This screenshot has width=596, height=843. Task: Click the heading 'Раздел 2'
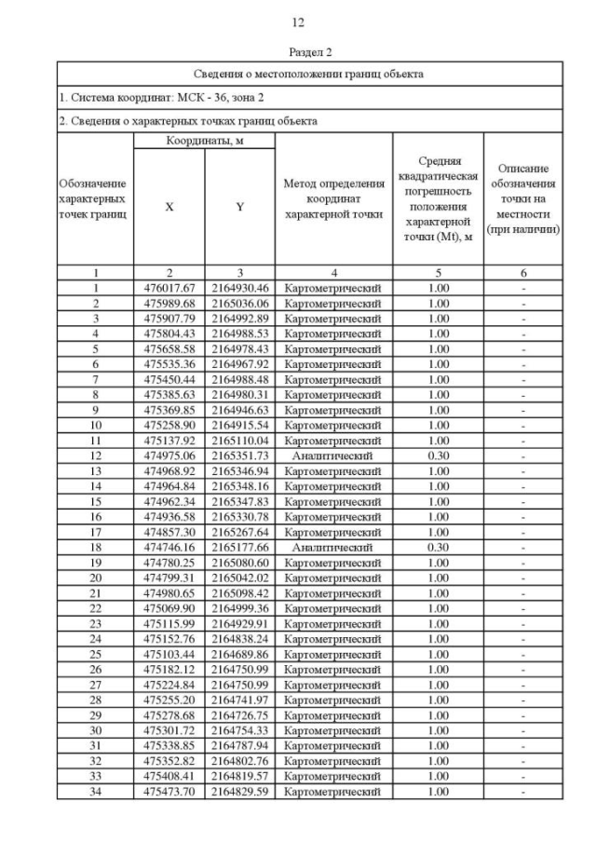tap(298, 52)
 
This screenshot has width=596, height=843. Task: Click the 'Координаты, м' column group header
tap(204, 141)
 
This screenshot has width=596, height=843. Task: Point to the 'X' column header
tap(169, 208)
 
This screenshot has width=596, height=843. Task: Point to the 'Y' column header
tap(239, 208)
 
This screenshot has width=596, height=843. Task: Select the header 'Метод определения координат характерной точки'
tap(333, 199)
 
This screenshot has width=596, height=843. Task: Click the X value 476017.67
tap(169, 289)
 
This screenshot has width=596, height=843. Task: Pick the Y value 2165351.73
tap(239, 456)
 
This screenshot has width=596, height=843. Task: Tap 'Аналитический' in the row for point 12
tap(333, 456)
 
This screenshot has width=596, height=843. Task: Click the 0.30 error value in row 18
tap(438, 548)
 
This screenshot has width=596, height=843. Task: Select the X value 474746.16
tap(169, 548)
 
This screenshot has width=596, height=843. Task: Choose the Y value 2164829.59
tap(239, 792)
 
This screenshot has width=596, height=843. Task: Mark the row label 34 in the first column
tap(95, 792)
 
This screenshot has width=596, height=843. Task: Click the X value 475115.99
tap(169, 624)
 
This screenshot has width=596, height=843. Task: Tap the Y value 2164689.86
tap(239, 655)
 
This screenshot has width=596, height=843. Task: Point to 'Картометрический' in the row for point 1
tap(333, 289)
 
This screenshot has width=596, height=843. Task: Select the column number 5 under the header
tap(438, 274)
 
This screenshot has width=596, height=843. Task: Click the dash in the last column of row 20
tap(523, 578)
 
